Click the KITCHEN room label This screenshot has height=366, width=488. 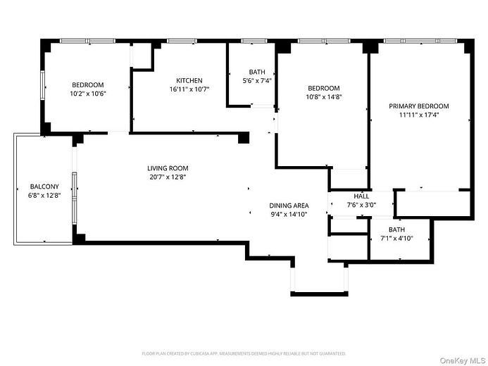[189, 80]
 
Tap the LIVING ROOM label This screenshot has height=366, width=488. [168, 168]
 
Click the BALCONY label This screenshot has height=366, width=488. [44, 187]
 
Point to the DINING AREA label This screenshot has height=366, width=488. [289, 206]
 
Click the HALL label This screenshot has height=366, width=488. [361, 196]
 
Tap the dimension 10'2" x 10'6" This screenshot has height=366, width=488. [87, 94]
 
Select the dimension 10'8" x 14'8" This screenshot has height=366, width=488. [322, 97]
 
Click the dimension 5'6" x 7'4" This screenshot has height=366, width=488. [256, 81]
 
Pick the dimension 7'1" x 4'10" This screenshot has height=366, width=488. [396, 239]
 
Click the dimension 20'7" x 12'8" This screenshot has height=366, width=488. [168, 177]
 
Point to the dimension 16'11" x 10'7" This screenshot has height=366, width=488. [189, 89]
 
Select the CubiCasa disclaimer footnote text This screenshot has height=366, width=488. [244, 353]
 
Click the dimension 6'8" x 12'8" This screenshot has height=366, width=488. [44, 196]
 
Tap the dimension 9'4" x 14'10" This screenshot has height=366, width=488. [289, 215]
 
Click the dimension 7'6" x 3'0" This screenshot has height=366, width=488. [361, 206]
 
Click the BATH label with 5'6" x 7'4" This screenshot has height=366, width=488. [256, 72]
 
